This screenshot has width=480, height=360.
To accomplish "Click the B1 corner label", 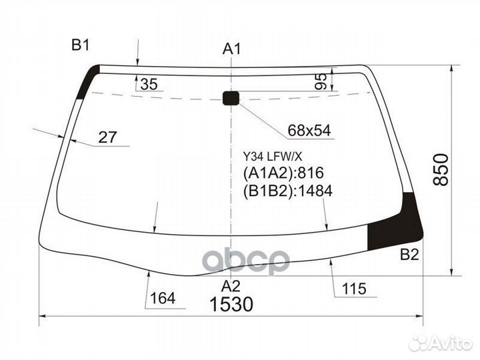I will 81,45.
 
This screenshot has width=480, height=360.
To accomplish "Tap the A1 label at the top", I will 231,49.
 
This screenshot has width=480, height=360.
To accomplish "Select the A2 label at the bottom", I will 231,286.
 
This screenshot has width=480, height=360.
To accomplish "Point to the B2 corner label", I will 409,254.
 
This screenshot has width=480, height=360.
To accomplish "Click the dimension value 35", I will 150,84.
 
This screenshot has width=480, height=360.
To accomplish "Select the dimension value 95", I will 321,81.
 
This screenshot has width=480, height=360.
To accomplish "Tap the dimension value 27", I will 107,137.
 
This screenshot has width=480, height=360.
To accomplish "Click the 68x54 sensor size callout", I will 310,131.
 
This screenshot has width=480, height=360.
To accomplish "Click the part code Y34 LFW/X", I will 272,155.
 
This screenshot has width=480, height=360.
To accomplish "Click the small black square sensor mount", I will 231,99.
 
